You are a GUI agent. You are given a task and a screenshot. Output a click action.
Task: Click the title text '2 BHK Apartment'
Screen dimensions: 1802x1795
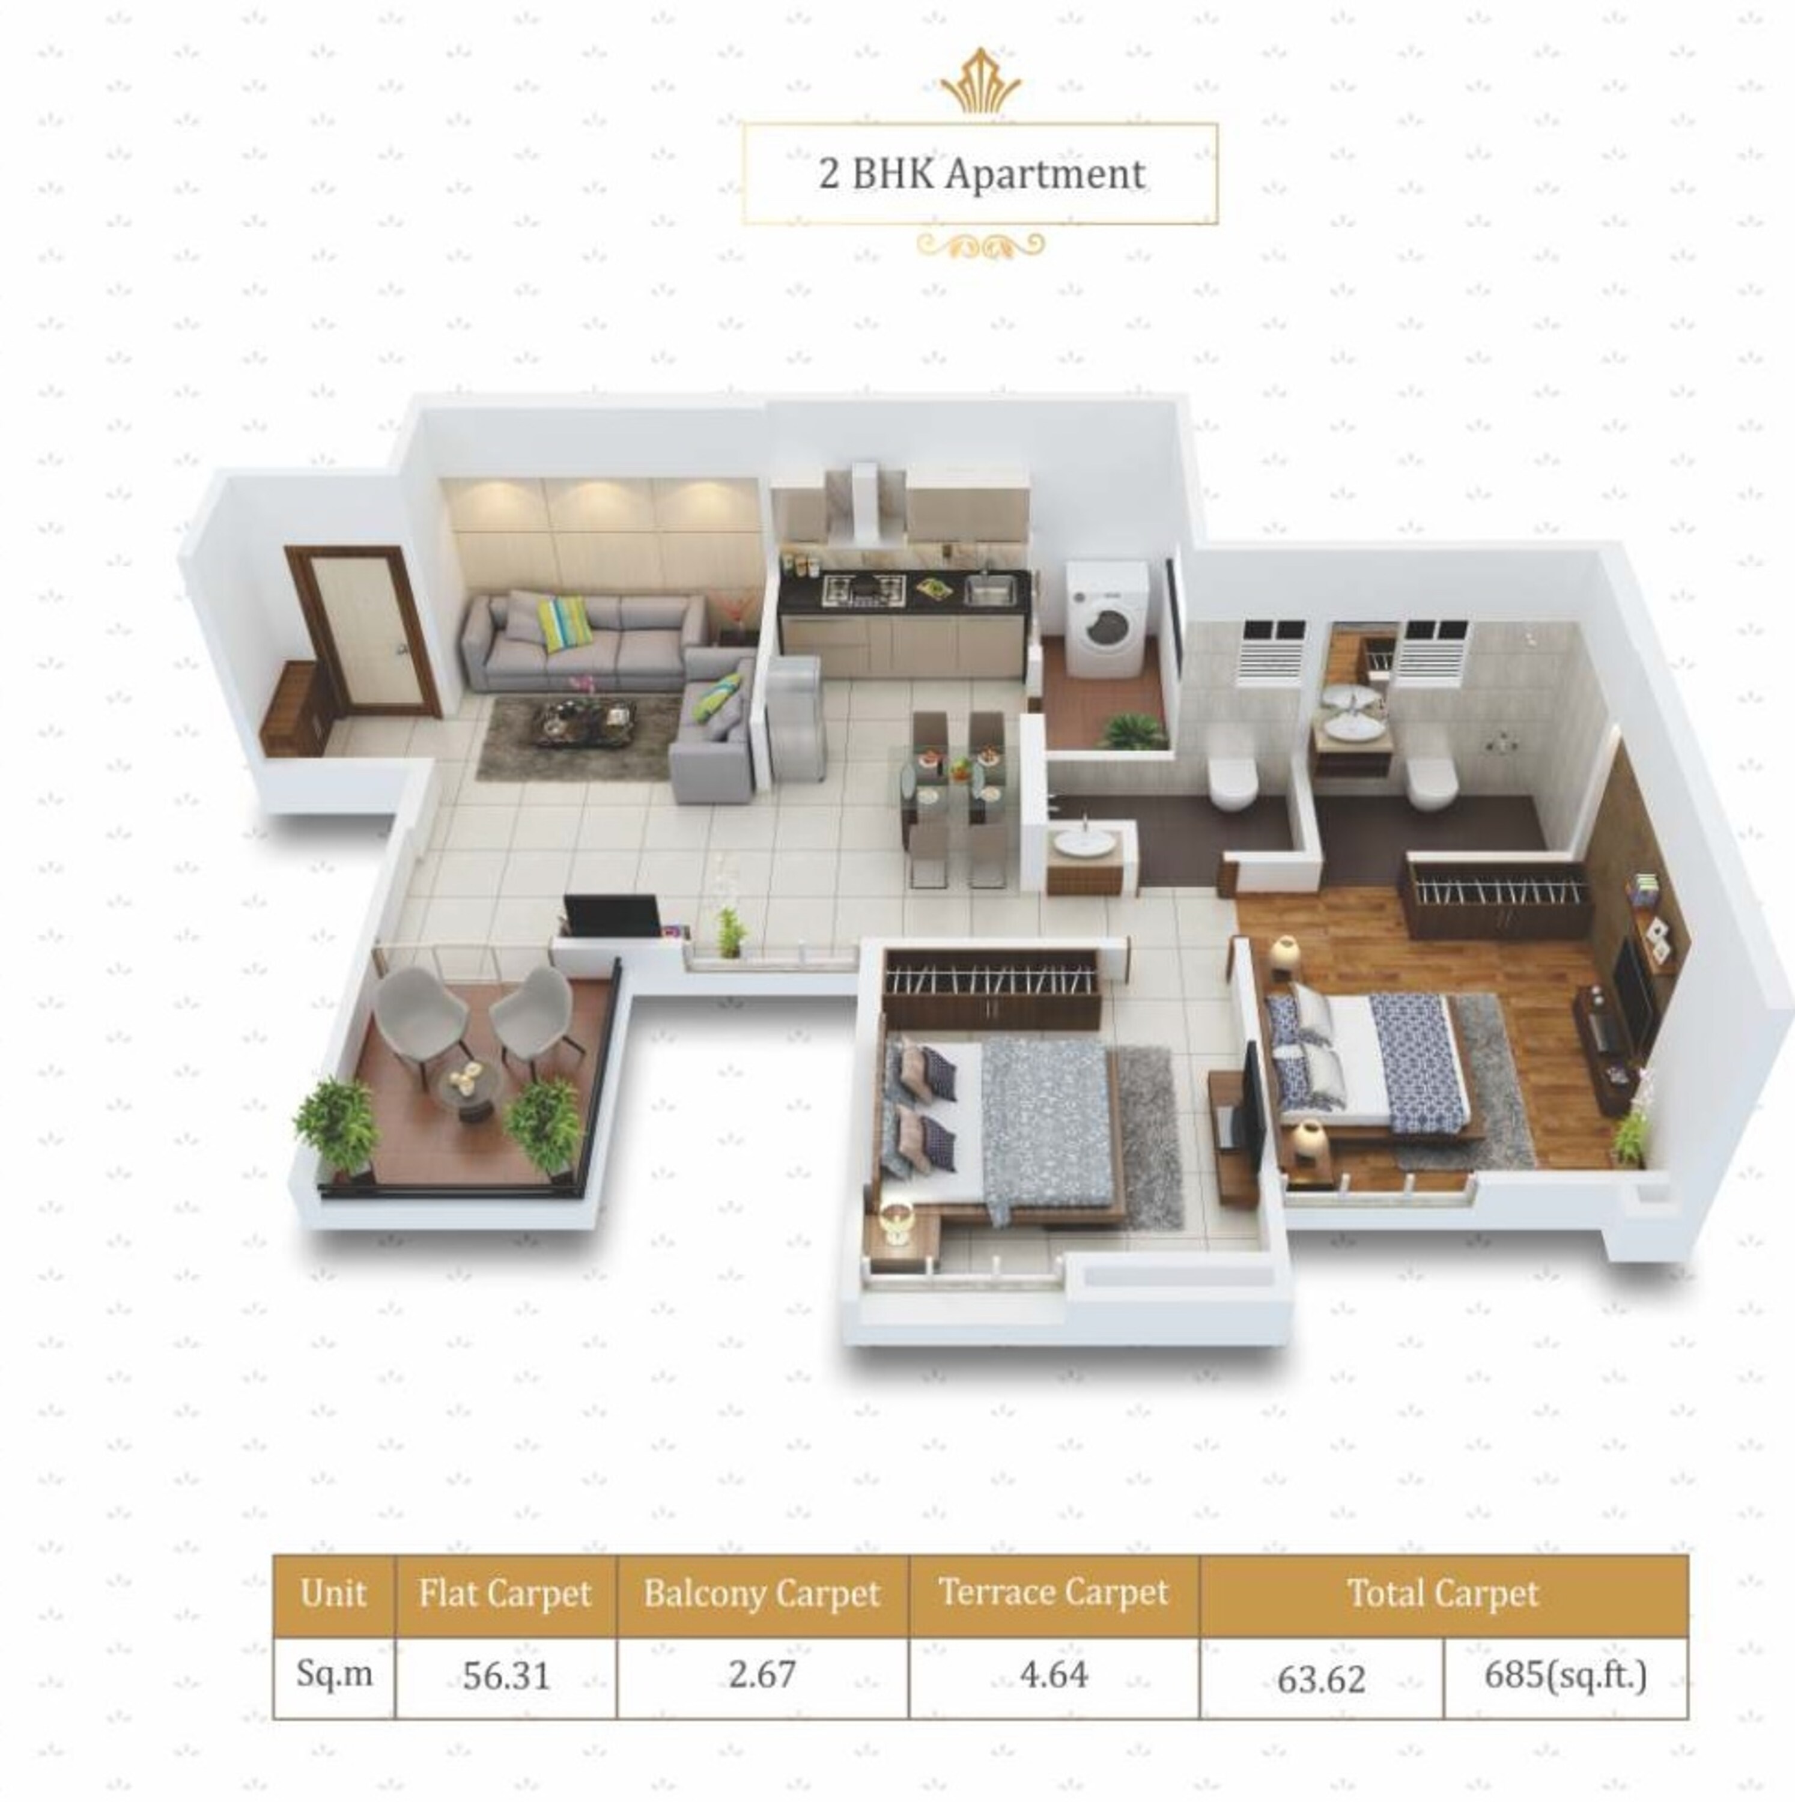982,174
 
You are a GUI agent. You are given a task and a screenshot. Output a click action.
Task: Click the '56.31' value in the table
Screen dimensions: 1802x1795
506,1676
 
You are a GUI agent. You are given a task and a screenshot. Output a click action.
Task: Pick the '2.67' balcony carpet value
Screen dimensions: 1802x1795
762,1674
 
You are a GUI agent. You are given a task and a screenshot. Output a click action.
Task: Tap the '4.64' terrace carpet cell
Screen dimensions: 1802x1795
1053,1674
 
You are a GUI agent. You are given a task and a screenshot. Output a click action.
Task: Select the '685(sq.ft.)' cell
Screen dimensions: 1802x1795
1564,1675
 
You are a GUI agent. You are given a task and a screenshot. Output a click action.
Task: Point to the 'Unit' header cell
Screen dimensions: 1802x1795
333,1593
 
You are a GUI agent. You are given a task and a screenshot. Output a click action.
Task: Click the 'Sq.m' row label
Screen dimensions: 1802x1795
333,1674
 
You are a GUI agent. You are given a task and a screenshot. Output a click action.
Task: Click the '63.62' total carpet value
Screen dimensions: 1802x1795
1321,1679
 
